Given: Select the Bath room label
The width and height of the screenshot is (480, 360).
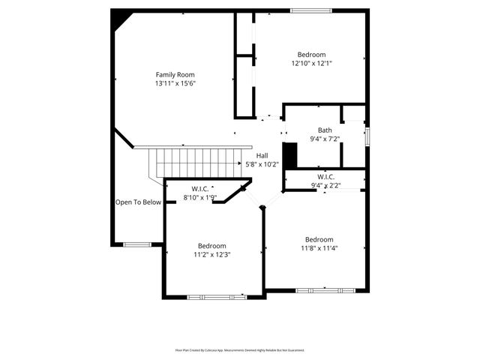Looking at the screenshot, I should [324, 130].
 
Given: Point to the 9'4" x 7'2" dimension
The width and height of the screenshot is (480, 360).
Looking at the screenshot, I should [324, 139].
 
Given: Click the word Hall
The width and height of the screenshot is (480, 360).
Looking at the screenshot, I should [262, 155].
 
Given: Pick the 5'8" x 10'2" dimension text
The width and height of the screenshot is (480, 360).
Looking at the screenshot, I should [262, 164].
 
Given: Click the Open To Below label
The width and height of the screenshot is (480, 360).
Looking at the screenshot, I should [138, 202].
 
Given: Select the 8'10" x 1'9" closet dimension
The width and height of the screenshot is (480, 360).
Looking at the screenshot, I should [200, 198].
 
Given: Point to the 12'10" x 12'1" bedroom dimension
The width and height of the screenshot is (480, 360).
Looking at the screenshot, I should [311, 64].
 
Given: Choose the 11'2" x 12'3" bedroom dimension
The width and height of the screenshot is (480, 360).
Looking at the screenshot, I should [212, 254].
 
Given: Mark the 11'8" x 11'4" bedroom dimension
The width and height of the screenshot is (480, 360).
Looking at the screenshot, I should [319, 248].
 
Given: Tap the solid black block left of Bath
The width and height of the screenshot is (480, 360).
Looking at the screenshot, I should [292, 154].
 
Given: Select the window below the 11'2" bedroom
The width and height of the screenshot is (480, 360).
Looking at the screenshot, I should [215, 297].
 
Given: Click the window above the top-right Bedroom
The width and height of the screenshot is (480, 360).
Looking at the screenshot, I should [311, 10].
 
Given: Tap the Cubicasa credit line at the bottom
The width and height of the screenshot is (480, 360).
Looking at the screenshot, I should [240, 350].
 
